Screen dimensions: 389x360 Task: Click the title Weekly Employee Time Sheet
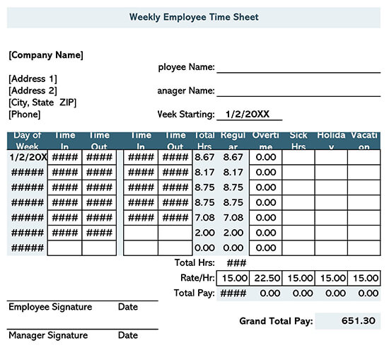pos(194,17)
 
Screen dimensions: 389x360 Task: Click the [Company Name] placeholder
pos(46,54)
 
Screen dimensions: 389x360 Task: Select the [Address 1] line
pos(33,79)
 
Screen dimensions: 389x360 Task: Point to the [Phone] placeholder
pos(25,114)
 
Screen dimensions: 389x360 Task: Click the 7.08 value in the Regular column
pos(233,217)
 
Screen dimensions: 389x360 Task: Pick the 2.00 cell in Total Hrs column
pos(204,233)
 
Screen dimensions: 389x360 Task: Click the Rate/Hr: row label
pos(197,278)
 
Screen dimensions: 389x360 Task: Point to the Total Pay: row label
pos(194,293)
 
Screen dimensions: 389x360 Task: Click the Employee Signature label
pos(50,307)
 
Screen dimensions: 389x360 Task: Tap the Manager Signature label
pos(48,335)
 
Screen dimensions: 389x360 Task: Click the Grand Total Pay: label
pos(276,321)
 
